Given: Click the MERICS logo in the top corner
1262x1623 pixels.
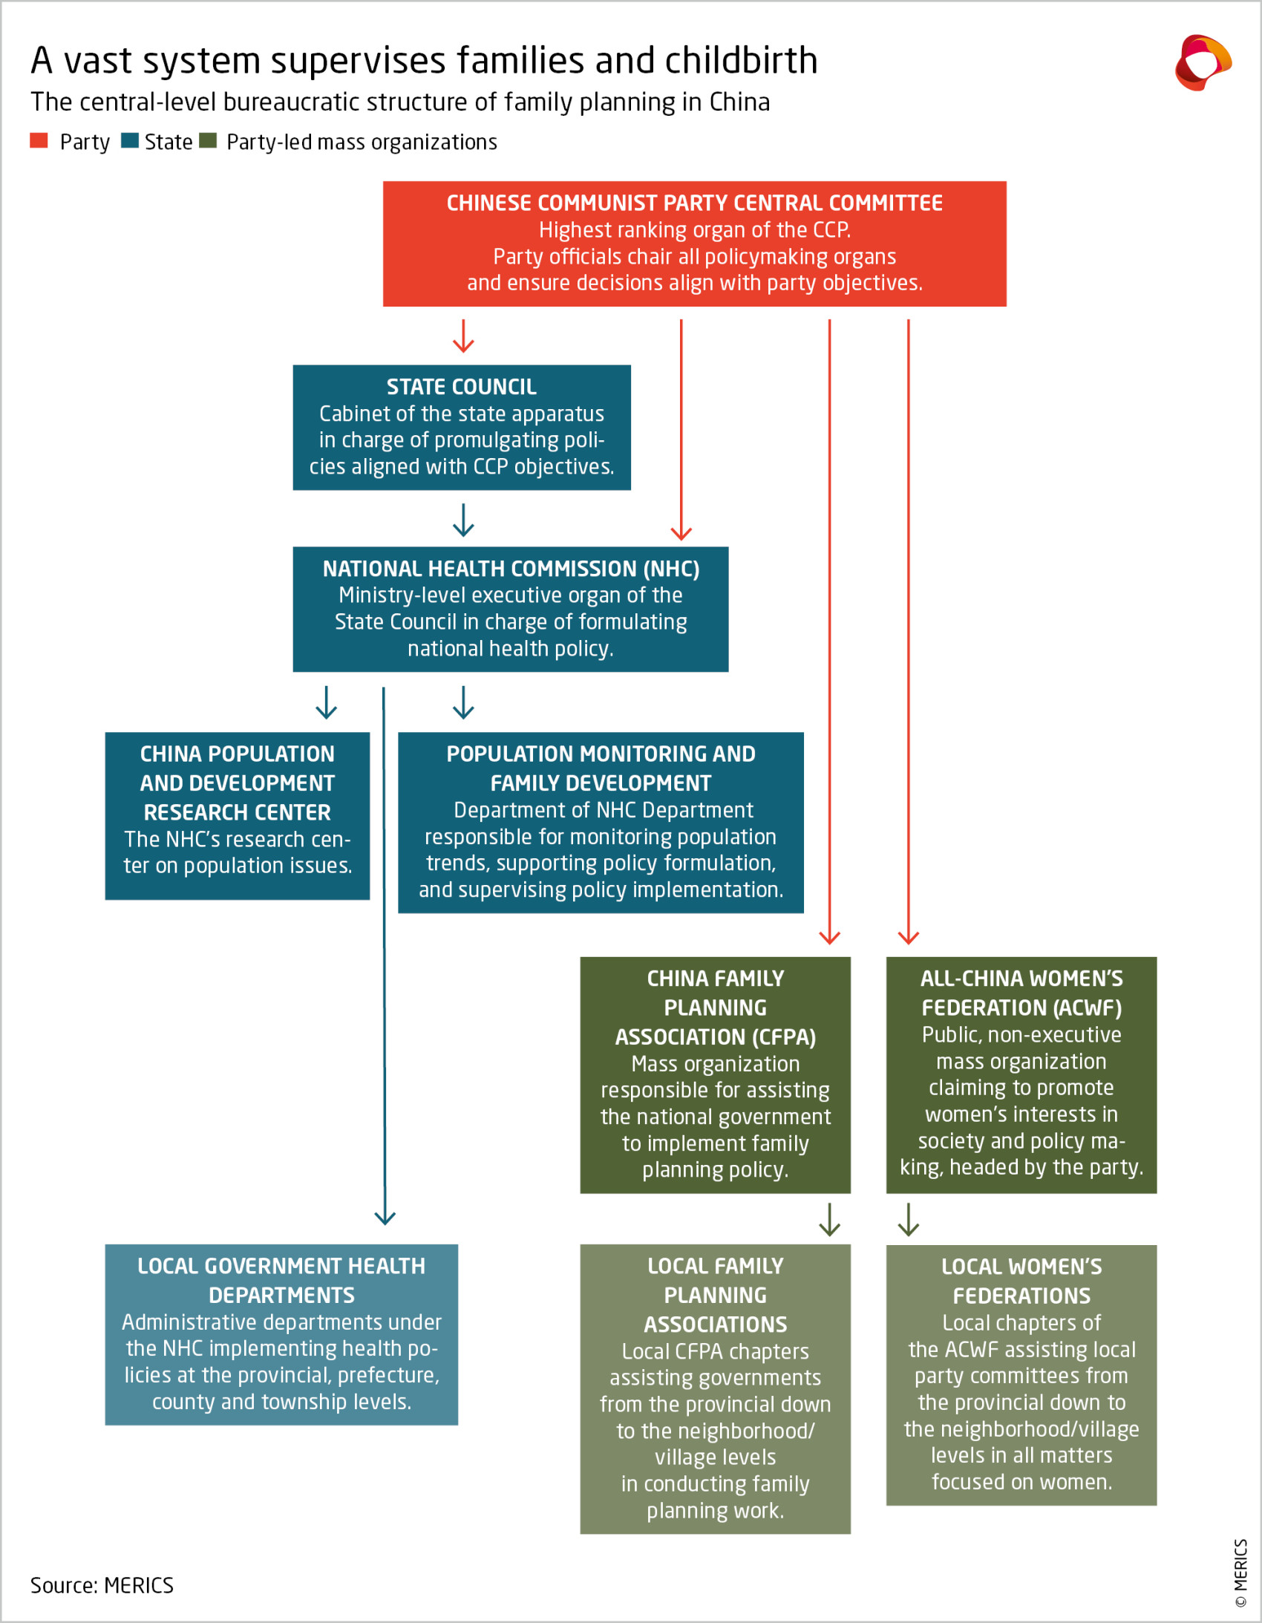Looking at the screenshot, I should [x=1202, y=62].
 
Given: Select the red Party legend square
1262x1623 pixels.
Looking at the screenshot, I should [x=39, y=140].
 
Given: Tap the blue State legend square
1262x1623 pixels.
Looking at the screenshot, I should [x=130, y=140].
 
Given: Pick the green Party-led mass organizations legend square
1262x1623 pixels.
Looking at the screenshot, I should [x=208, y=140].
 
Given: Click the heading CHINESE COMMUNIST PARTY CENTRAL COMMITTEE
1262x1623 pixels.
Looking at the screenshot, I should [x=694, y=203].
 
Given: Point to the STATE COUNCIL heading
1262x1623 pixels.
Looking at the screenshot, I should [x=461, y=386].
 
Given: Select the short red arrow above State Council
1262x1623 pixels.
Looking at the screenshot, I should [x=463, y=336].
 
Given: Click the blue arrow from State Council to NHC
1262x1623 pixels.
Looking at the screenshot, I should [x=463, y=520].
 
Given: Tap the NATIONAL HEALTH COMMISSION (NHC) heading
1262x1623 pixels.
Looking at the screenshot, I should [x=511, y=569].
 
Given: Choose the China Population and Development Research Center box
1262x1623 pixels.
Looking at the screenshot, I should [x=237, y=815].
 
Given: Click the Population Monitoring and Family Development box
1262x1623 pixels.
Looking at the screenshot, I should [x=601, y=822].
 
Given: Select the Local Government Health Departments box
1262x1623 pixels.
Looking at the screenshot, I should [x=281, y=1334].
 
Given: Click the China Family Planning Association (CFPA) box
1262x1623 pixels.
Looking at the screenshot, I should [x=715, y=1074].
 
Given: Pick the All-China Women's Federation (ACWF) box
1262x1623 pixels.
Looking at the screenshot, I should [x=1021, y=1074].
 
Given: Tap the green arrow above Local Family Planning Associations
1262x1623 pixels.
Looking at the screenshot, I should [x=829, y=1219].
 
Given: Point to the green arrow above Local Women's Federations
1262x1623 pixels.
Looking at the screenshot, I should [x=908, y=1219].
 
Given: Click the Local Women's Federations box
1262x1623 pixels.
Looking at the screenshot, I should [x=1021, y=1374].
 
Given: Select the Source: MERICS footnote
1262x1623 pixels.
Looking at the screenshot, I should [x=102, y=1585].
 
